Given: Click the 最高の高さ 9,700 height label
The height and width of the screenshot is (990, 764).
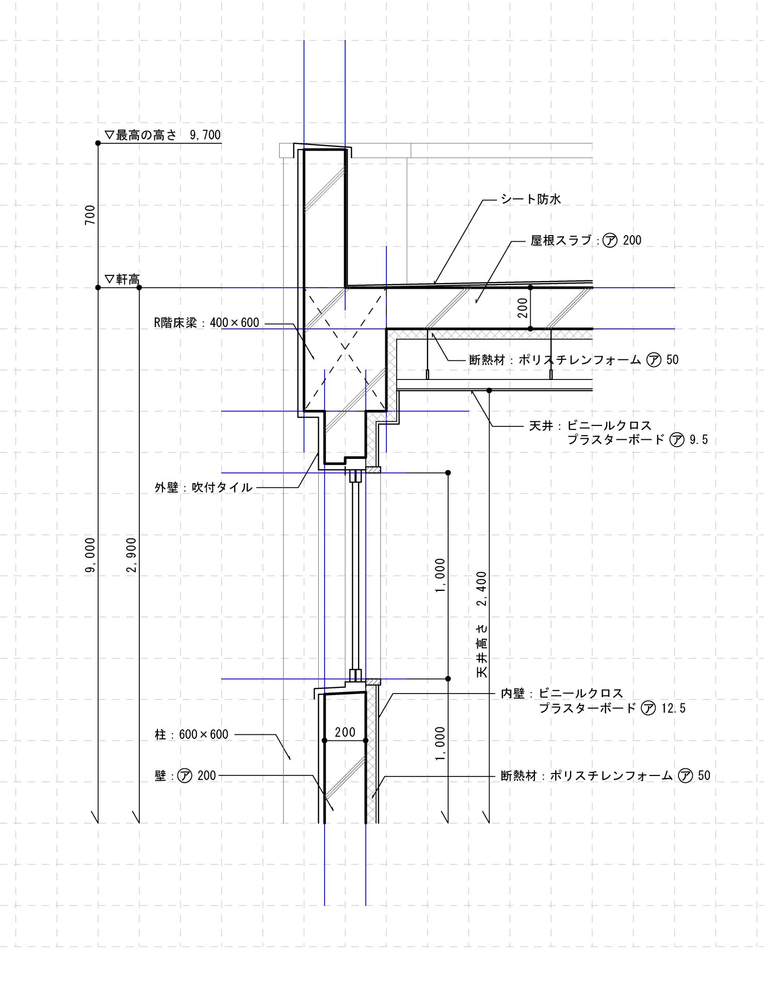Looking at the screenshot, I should tap(163, 135).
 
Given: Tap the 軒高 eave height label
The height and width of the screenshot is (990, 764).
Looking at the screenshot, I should tap(122, 279).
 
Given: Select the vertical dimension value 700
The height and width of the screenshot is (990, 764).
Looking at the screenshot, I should tap(90, 215).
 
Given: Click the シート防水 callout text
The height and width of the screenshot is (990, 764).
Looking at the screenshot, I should tap(530, 199).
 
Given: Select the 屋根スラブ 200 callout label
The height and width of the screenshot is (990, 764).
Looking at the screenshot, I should tap(586, 240).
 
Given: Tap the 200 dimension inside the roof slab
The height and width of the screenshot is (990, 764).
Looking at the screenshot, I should tap(523, 308).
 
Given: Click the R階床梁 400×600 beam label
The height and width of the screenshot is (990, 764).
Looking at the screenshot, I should tap(207, 323).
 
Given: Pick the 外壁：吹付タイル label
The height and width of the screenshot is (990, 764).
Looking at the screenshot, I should tap(204, 487).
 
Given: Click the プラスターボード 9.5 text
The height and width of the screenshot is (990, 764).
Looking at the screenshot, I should tap(638, 440).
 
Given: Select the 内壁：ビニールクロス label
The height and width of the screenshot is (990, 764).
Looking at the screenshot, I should tap(562, 694).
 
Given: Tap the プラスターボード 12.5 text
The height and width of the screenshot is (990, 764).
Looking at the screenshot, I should tap(612, 708).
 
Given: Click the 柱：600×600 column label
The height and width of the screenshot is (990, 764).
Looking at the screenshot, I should tap(191, 734).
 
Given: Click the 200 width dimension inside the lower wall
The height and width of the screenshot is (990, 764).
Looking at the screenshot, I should tap(345, 732).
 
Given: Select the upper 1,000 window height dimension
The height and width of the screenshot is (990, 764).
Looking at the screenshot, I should tap(440, 575).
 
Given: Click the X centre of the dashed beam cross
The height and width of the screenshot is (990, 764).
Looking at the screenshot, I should tap(345, 349).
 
